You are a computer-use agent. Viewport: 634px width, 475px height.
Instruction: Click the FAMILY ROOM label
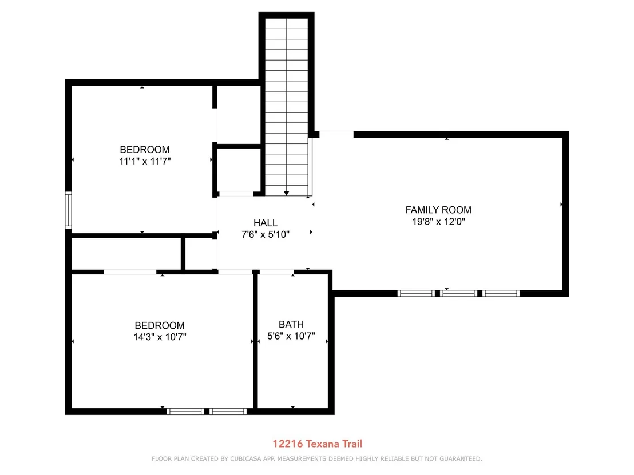438,210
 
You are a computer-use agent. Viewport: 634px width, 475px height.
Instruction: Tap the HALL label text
266,223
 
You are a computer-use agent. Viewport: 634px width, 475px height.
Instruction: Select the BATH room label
291,324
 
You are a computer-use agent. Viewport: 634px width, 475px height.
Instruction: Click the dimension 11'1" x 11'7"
145,161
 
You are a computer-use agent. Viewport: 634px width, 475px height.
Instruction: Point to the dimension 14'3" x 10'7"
160,337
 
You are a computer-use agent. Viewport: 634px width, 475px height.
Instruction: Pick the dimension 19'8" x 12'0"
438,221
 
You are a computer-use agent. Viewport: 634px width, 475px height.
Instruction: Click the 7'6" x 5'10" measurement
266,234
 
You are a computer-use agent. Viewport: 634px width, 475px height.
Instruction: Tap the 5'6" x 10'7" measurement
291,336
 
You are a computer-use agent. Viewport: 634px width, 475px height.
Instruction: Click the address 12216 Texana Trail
317,444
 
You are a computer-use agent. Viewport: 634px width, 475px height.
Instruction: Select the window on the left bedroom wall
68,210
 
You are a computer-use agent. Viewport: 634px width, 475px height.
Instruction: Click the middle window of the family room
458,293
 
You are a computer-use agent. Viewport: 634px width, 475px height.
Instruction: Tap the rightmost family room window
501,293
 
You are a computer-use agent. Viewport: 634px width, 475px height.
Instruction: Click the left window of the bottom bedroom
185,412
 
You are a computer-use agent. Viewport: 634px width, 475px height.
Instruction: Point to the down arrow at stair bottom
286,193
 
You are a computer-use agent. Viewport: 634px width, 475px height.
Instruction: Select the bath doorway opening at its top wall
276,272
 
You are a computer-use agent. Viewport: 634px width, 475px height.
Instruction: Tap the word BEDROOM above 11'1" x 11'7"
145,149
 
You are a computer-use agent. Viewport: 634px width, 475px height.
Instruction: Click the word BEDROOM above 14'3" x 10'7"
160,325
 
